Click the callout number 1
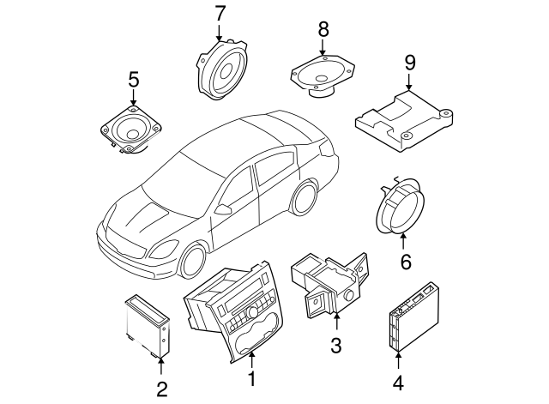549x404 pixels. [251, 377]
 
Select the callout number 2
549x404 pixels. [161, 389]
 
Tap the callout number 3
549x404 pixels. [336, 345]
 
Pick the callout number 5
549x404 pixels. [133, 81]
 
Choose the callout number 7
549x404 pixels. [220, 14]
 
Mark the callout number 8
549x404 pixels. [323, 30]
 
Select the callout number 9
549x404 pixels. [409, 62]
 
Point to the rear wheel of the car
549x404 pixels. [303, 198]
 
